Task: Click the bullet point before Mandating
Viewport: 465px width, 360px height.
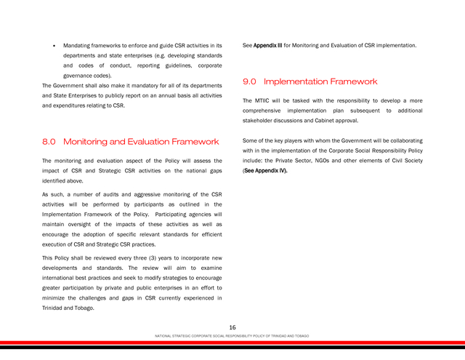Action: tap(54, 46)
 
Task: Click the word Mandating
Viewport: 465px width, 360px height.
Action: tap(81, 46)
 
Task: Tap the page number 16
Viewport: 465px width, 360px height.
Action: tap(232, 327)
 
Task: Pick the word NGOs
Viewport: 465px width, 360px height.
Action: tap(336, 160)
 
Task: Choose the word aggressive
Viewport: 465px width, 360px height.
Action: tap(155, 195)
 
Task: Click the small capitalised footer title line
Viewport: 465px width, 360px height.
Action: tap(232, 336)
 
